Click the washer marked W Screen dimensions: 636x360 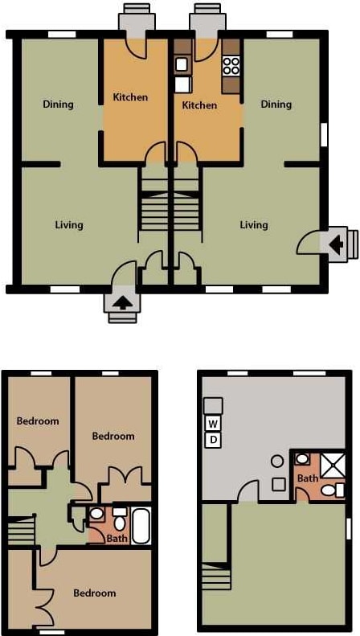click(x=214, y=424)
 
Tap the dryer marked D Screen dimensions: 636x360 click(x=214, y=440)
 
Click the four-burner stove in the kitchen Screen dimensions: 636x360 click(x=231, y=64)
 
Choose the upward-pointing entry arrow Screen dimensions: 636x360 click(x=122, y=304)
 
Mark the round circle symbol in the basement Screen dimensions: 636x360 click(x=277, y=462)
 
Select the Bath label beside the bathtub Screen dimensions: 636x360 click(x=117, y=538)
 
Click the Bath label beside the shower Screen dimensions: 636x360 click(x=308, y=478)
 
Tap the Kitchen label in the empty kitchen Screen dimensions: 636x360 click(x=130, y=97)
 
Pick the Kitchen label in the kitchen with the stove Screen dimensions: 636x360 click(x=199, y=105)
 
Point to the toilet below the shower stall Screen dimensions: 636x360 click(x=329, y=490)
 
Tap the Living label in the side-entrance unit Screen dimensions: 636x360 click(x=253, y=225)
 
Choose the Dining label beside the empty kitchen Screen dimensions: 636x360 click(x=58, y=105)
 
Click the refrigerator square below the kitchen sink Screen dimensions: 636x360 click(x=182, y=83)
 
